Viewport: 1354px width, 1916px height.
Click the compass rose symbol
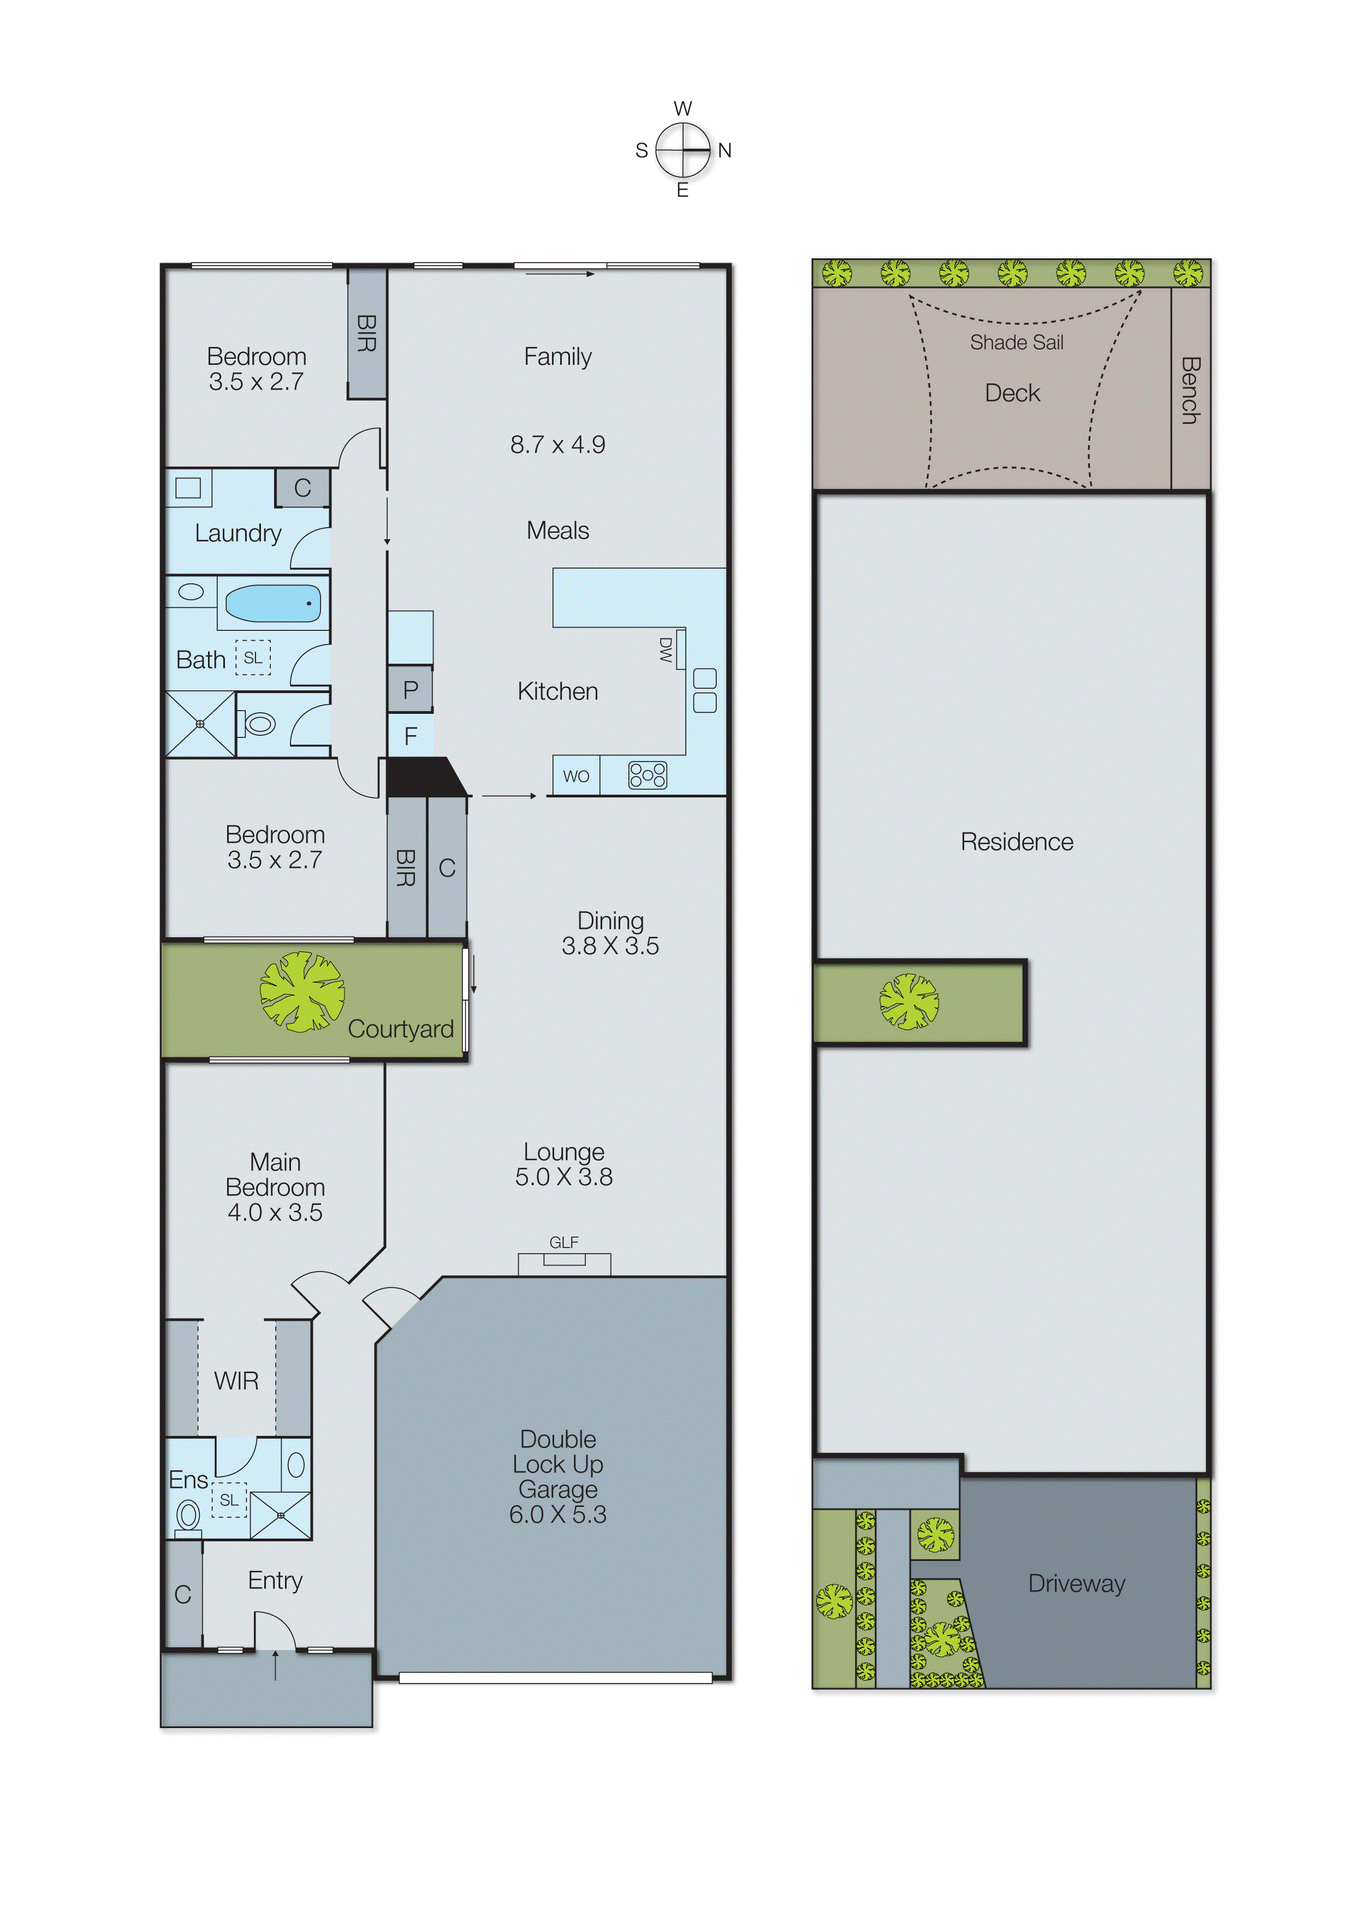click(x=682, y=150)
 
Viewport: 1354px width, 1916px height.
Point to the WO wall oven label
click(x=575, y=776)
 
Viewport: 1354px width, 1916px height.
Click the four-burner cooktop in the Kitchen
click(x=648, y=775)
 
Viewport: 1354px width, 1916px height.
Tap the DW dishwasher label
click(x=666, y=650)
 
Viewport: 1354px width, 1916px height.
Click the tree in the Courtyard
click(x=301, y=992)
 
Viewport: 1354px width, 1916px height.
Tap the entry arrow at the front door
click(x=275, y=1664)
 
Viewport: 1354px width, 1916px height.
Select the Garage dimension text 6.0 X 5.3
click(x=557, y=1515)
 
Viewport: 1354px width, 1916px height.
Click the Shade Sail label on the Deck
click(x=1016, y=342)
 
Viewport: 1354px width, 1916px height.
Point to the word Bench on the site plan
click(x=1191, y=391)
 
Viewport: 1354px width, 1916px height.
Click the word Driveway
click(x=1076, y=1583)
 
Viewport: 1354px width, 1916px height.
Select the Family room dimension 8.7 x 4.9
click(x=557, y=445)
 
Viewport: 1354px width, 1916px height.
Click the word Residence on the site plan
click(x=1016, y=841)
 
